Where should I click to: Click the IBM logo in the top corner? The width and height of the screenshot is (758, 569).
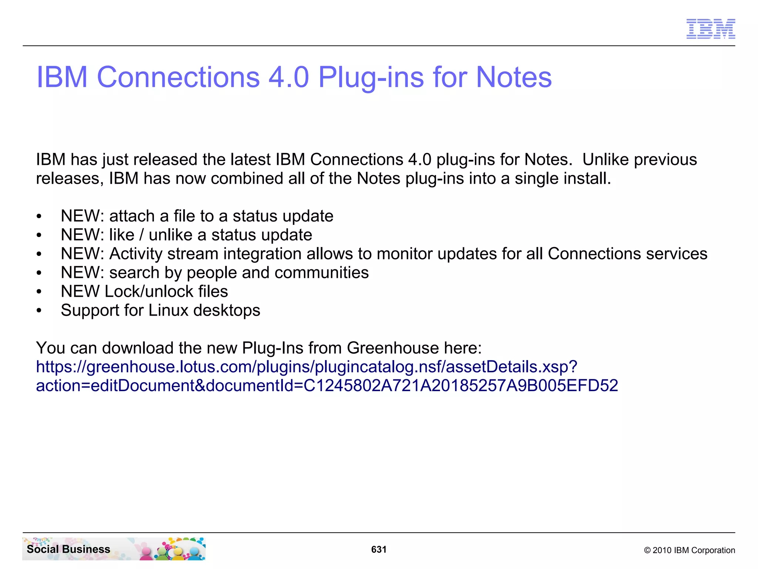coord(711,29)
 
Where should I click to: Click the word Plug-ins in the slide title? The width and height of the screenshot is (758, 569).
coord(371,78)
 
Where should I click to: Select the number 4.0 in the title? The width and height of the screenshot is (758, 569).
coord(288,77)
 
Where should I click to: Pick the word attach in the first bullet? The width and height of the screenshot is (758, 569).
coord(132,216)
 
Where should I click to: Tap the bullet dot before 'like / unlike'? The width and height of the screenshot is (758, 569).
coord(39,236)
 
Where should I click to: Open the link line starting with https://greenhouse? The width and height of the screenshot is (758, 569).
coord(306,367)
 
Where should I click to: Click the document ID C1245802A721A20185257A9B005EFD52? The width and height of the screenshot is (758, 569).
coord(460,386)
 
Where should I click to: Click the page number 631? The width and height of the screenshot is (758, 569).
coord(379,549)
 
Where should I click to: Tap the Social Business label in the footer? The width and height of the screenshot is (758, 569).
coord(68,549)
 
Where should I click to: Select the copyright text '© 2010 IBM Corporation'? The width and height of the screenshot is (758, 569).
coord(689,550)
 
